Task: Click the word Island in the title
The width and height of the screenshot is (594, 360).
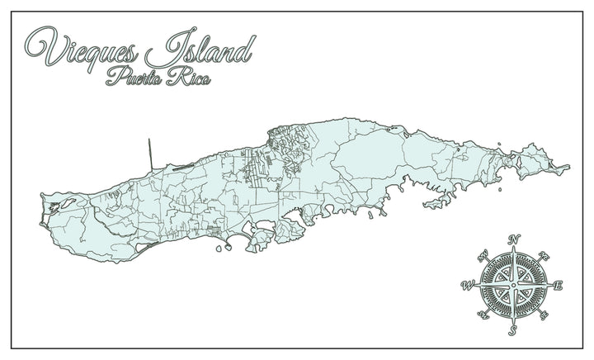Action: click(x=203, y=51)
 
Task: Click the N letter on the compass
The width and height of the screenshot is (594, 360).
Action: click(x=513, y=240)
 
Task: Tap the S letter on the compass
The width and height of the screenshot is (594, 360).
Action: click(x=511, y=331)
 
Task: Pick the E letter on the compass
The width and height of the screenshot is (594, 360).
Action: click(x=558, y=286)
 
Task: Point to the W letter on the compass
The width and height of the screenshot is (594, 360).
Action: click(x=467, y=287)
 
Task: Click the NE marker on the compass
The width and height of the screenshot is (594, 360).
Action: click(x=544, y=255)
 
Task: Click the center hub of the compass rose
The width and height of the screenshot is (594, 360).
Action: click(x=512, y=286)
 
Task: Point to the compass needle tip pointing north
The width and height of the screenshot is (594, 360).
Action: click(x=512, y=249)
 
